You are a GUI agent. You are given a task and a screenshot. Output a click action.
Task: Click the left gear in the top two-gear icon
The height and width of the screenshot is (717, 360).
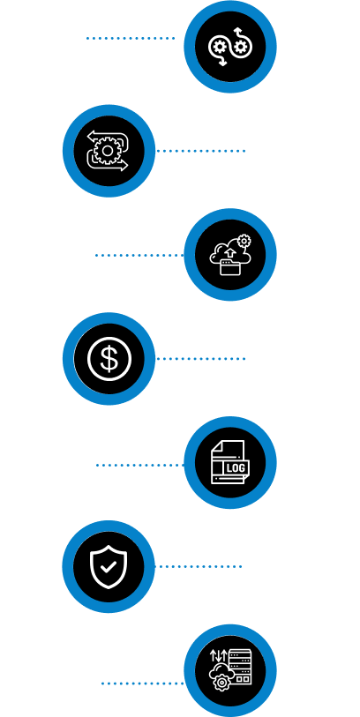click(x=218, y=47)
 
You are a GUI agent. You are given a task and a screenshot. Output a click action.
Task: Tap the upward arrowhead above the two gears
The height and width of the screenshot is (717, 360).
click(x=237, y=30)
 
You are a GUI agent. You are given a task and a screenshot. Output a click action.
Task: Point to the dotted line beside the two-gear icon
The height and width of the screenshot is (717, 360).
click(x=131, y=39)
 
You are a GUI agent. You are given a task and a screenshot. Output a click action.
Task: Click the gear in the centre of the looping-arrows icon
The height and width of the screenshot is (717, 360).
click(x=108, y=151)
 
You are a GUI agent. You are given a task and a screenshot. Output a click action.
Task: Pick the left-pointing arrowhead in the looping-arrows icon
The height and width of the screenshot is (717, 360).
click(x=91, y=136)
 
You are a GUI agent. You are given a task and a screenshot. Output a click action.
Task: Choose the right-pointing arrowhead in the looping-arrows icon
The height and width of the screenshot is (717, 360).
click(x=124, y=166)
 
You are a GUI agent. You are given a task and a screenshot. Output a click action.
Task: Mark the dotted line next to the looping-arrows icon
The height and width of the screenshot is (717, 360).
click(x=201, y=151)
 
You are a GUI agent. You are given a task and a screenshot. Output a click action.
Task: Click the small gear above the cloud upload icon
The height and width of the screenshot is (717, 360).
click(x=244, y=241)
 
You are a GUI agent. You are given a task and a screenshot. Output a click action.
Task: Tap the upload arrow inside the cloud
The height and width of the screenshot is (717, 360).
click(x=230, y=253)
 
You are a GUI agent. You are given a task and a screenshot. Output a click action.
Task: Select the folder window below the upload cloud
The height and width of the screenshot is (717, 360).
click(x=230, y=267)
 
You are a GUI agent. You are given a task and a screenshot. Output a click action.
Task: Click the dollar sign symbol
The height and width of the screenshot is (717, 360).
click(x=109, y=358)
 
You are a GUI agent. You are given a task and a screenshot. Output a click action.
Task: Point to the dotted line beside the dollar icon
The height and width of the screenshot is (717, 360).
click(x=201, y=359)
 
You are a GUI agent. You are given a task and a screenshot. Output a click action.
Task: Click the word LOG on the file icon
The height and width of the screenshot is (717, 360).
click(x=236, y=467)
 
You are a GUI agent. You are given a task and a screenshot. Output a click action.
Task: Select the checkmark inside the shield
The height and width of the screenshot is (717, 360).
click(x=109, y=567)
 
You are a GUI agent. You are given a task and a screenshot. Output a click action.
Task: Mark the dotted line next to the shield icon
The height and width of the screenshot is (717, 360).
click(x=198, y=566)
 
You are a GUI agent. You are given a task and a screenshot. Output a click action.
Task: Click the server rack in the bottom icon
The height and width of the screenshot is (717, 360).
click(x=240, y=668)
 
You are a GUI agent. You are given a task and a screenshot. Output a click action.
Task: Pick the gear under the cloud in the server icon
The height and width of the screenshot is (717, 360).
click(x=221, y=683)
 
